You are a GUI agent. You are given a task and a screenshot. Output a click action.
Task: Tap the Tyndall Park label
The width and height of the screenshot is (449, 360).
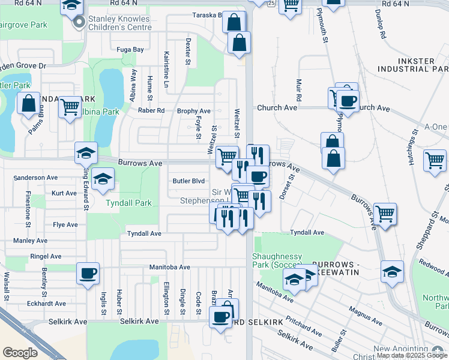[x=128, y=203]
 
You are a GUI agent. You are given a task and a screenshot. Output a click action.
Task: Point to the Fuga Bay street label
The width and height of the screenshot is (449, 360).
[x=130, y=50]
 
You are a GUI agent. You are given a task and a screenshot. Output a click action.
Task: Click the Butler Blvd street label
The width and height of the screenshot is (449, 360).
[x=188, y=181]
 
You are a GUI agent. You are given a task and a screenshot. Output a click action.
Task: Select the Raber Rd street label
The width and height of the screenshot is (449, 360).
[x=151, y=110]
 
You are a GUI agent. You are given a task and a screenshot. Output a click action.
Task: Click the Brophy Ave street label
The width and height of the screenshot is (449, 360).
[x=193, y=111]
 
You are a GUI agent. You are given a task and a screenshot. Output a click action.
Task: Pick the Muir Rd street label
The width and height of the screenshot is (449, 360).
[x=298, y=89]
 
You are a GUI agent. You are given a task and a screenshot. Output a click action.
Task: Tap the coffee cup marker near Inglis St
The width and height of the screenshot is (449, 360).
[x=88, y=274]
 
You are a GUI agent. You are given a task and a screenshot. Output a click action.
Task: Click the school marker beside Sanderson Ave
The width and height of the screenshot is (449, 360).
[x=103, y=179]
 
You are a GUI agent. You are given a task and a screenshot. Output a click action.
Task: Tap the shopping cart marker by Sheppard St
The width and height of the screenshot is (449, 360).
[x=434, y=160]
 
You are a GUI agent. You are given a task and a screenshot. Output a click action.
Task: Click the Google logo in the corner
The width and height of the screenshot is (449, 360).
[x=20, y=353]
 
